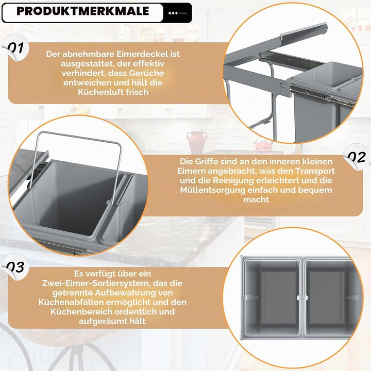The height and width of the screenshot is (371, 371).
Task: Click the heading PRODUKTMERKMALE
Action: tap(83, 11)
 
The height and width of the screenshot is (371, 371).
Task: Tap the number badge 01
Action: tap(15, 47)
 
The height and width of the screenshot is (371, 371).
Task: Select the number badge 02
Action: tap(357, 157)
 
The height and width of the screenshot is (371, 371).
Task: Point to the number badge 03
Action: tap(15, 267)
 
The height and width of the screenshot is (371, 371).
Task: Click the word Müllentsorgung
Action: tap(213, 190)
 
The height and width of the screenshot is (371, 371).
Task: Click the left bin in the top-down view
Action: tap(272, 297)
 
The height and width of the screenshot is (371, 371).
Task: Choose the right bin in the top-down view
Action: tap(331, 297)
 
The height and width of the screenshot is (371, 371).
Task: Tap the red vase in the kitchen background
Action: tap(197, 142)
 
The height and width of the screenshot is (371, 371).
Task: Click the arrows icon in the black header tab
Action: tap(177, 13)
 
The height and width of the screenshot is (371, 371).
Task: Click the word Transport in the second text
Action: tap(315, 171)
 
